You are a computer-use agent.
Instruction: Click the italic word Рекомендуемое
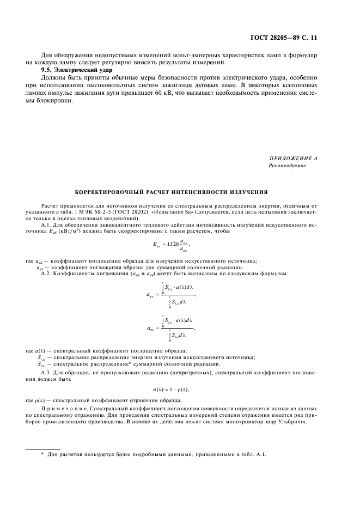[x=287, y=166]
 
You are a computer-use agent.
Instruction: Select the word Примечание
[x=63, y=408]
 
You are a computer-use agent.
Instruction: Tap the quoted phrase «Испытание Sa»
[x=184, y=213]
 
